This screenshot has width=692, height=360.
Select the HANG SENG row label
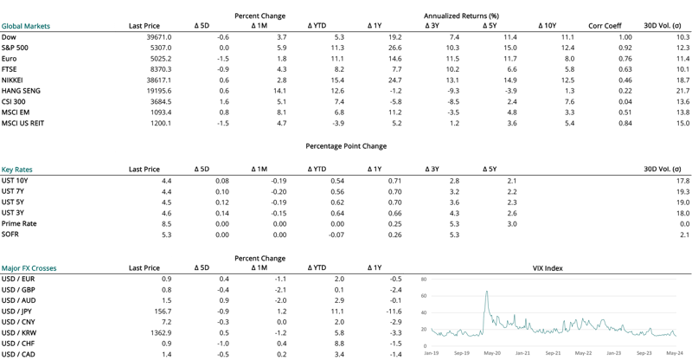click(21, 90)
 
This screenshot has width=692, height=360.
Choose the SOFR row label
click(10, 235)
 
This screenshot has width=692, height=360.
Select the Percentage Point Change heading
click(346, 146)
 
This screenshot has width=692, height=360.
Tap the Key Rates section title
click(17, 170)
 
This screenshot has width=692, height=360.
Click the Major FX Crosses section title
click(35, 268)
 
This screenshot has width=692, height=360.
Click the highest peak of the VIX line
click(487, 292)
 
